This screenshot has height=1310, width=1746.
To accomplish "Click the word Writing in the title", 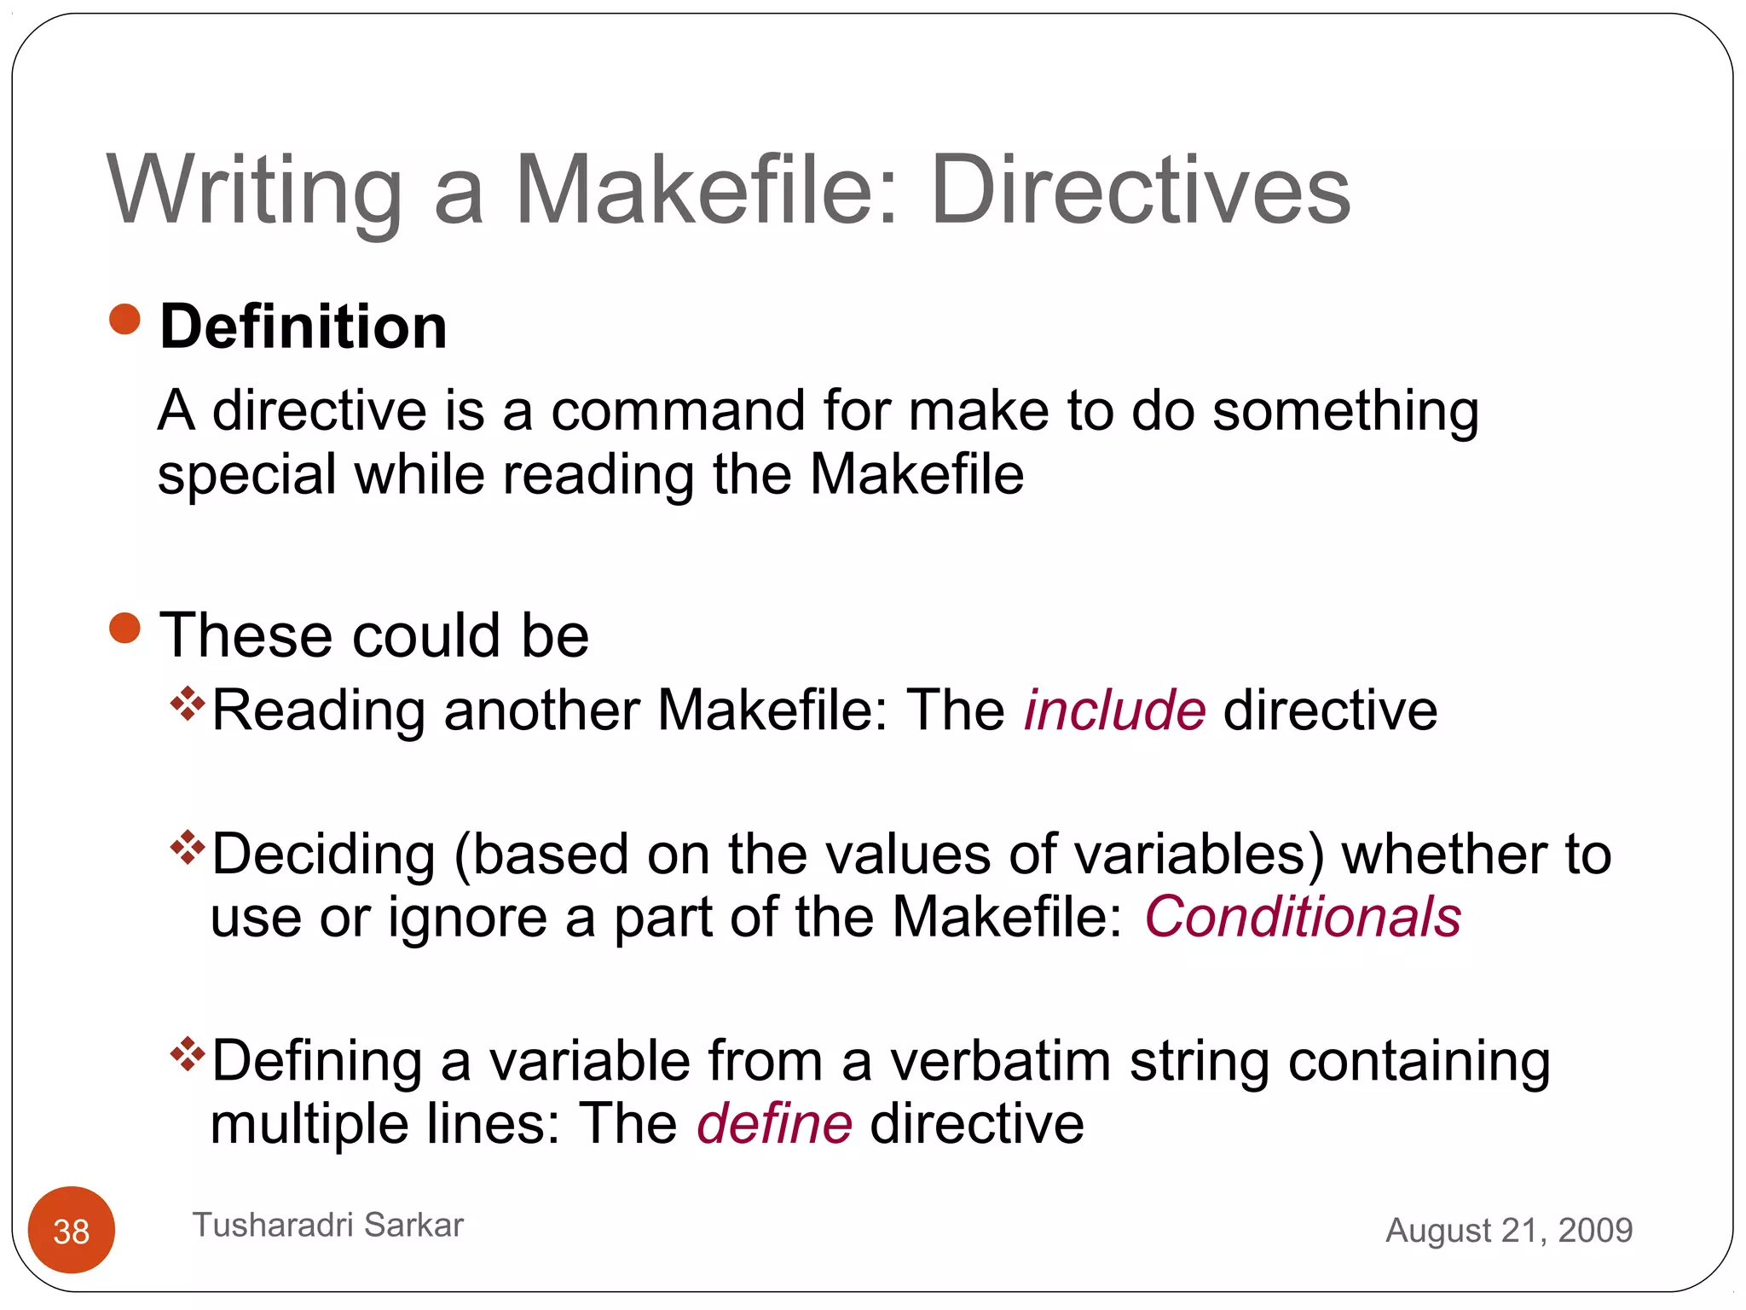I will point(254,192).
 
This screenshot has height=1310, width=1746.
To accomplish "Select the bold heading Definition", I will point(304,327).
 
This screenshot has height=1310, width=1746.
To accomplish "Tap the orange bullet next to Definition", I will point(125,320).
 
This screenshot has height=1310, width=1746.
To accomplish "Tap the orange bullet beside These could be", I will point(125,629).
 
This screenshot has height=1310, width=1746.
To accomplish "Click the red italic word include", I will point(1114,710).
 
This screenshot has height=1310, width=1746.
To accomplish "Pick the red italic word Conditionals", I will point(1303,917).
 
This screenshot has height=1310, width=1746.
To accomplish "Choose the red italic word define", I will point(774,1123).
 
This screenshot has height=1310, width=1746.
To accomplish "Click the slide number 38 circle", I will point(72,1231).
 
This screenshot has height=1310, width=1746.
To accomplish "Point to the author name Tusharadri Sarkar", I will point(328,1225).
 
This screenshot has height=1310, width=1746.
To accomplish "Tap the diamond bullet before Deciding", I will point(188,848).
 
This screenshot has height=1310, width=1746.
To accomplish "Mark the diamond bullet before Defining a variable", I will point(188,1055).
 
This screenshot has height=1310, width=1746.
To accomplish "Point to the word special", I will point(247,475).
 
